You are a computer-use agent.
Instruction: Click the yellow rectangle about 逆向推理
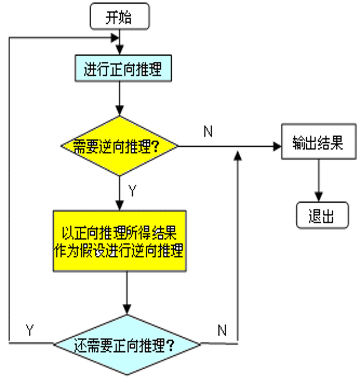tap(120, 241)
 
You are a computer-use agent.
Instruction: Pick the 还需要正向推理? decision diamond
tap(126, 345)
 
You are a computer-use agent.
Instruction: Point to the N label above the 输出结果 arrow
tap(208, 132)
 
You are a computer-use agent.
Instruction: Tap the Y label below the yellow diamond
tap(132, 191)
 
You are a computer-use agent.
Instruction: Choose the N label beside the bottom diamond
tap(222, 330)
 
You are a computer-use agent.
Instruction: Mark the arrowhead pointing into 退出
tap(318, 198)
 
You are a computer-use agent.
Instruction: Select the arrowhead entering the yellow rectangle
tap(120, 205)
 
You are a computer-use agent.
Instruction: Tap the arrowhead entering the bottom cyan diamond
tap(126, 309)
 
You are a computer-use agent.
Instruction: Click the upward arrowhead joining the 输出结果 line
tap(237, 155)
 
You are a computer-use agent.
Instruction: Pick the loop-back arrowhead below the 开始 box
tap(115, 38)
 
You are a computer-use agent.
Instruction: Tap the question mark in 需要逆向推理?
tap(156, 147)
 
